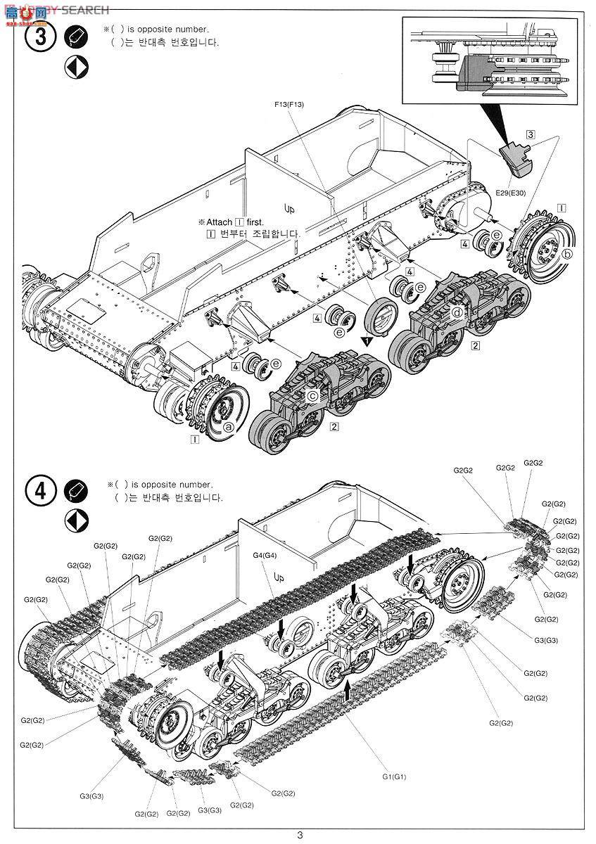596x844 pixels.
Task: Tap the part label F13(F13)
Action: click(x=289, y=105)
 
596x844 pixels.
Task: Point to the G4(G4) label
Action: click(x=267, y=556)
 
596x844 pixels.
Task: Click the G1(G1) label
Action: click(x=395, y=776)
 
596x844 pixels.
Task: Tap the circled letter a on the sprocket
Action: click(x=228, y=426)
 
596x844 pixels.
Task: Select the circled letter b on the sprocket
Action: click(x=567, y=253)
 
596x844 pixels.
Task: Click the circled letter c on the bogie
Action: click(x=312, y=396)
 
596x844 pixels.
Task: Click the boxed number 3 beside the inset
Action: click(x=530, y=134)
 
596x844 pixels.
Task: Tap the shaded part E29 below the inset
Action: click(x=516, y=159)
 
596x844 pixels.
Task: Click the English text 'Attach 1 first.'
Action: click(x=230, y=222)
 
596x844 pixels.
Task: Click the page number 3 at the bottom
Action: click(x=300, y=835)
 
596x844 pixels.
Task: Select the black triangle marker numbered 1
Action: click(x=366, y=340)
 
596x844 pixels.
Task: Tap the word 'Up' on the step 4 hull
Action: click(x=279, y=580)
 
